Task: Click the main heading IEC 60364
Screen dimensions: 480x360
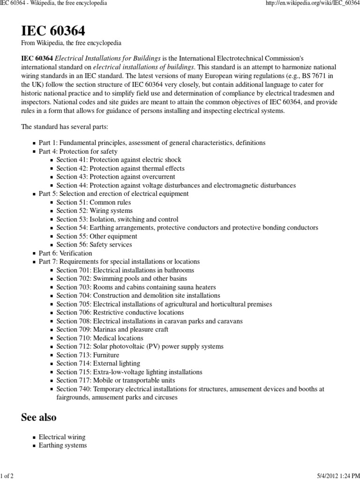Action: pyautogui.click(x=53, y=31)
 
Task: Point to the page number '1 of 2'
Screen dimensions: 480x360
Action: pyautogui.click(x=7, y=476)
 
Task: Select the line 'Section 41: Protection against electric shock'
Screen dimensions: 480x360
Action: pyautogui.click(x=119, y=160)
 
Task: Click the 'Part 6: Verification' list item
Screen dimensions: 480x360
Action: pyautogui.click(x=65, y=253)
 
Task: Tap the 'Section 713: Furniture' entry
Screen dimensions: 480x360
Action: pyautogui.click(x=88, y=355)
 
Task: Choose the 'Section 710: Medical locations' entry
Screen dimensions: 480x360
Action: pyautogui.click(x=100, y=338)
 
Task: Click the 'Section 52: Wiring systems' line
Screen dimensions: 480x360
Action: pyautogui.click(x=94, y=210)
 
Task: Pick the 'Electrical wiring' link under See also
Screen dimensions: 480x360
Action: pyautogui.click(x=62, y=437)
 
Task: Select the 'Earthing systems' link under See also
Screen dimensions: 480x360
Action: pyautogui.click(x=62, y=445)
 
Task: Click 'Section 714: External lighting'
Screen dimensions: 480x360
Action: pyautogui.click(x=98, y=363)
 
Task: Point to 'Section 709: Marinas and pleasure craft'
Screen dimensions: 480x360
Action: pyautogui.click(x=112, y=330)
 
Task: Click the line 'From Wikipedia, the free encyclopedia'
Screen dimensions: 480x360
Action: pyautogui.click(x=71, y=43)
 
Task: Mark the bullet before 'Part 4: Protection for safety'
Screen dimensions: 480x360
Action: pyautogui.click(x=34, y=152)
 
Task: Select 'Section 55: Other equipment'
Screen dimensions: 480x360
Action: pyautogui.click(x=97, y=236)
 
